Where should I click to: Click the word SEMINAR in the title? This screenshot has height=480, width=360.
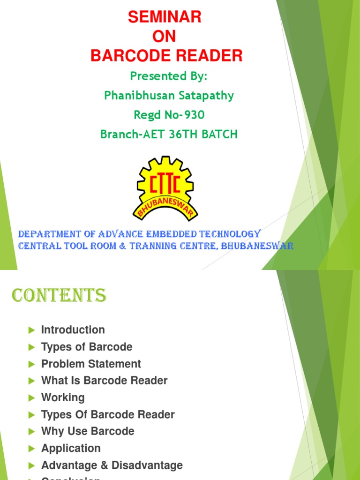point(165,17)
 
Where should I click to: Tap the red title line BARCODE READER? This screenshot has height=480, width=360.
point(166,56)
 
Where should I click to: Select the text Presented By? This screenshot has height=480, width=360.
point(169,76)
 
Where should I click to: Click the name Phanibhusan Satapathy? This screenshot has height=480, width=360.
point(169,96)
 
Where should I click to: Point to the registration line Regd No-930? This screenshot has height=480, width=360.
point(169,115)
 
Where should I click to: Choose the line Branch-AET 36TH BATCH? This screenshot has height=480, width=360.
point(169,135)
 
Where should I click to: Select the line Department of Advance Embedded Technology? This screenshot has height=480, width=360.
point(139,234)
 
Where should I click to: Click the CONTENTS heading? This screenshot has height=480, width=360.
point(59,296)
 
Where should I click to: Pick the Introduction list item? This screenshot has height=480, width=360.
point(73,330)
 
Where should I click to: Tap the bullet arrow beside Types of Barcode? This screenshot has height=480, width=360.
point(32,347)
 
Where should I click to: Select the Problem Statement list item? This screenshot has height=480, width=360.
point(91,364)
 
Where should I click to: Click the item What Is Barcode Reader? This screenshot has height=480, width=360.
point(104,381)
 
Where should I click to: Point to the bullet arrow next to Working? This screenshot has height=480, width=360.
point(32,398)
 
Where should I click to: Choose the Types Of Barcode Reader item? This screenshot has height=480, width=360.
point(108,414)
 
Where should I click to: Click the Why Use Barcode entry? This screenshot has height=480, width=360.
point(88,431)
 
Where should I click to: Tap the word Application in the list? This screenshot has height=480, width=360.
point(71,448)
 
